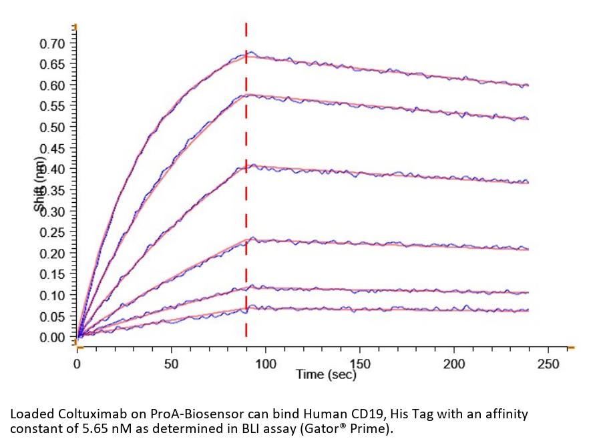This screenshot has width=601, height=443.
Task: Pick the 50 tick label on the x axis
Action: tap(172, 364)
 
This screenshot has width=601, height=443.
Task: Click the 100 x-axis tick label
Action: tap(266, 364)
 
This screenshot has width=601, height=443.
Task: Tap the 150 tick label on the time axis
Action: tap(360, 364)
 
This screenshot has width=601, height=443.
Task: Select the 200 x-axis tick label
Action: tap(454, 364)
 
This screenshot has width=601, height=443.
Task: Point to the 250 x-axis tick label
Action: tap(548, 364)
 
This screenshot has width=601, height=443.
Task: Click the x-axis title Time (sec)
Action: tap(327, 374)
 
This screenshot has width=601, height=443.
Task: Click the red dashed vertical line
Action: tap(246, 200)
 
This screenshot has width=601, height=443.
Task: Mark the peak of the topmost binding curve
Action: tap(248, 53)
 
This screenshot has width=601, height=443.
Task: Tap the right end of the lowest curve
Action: tap(528, 310)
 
